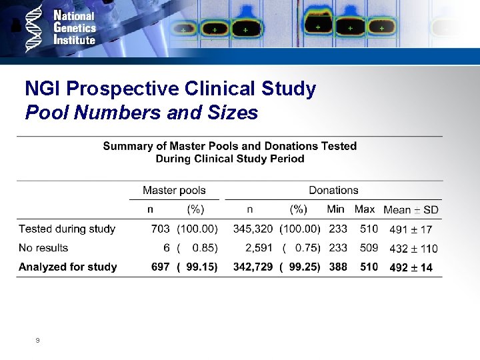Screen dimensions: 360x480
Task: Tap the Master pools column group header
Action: (174, 191)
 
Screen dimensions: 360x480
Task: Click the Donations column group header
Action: (333, 191)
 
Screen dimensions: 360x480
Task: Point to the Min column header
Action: (336, 209)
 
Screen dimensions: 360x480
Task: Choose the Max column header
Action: (365, 209)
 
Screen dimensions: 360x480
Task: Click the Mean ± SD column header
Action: (411, 210)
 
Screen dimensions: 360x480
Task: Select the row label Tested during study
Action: (67, 229)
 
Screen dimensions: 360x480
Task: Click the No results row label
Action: (43, 247)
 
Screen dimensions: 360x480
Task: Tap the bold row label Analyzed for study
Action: (67, 267)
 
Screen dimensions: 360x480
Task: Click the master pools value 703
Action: (161, 229)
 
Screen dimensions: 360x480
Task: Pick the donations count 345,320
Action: (253, 229)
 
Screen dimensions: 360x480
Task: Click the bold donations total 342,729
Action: (253, 267)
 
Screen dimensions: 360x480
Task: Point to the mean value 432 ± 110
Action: (413, 248)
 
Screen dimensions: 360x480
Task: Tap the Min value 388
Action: (338, 267)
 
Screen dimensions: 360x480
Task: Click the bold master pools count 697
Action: (161, 267)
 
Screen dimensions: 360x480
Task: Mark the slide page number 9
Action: (37, 340)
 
